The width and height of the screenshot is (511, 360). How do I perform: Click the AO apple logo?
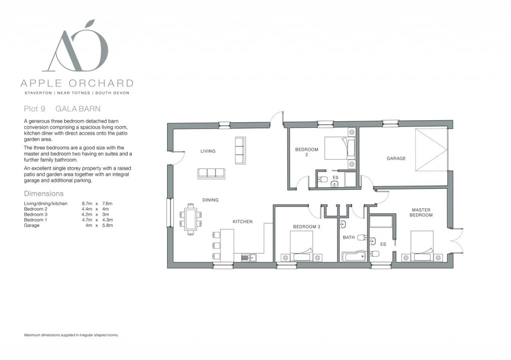click(x=78, y=47)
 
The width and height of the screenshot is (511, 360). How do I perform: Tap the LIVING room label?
click(x=208, y=151)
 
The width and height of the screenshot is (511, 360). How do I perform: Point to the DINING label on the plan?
click(x=210, y=200)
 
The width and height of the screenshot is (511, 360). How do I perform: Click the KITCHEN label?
click(x=243, y=222)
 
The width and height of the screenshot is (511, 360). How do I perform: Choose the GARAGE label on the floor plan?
click(x=396, y=159)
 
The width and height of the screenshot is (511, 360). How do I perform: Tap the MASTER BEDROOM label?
click(x=421, y=212)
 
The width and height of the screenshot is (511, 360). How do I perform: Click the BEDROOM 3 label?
click(x=306, y=227)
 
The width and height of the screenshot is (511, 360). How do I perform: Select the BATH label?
click(x=348, y=238)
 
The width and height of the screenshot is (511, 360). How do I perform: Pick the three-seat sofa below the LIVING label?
click(x=211, y=173)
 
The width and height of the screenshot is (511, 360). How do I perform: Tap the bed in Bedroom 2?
click(x=340, y=149)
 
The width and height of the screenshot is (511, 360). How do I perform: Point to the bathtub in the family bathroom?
click(x=353, y=257)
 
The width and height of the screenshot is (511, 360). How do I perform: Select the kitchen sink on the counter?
click(x=248, y=258)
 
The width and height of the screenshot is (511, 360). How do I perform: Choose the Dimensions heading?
click(x=44, y=193)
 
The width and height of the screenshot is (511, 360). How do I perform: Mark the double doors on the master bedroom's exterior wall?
click(x=455, y=238)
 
